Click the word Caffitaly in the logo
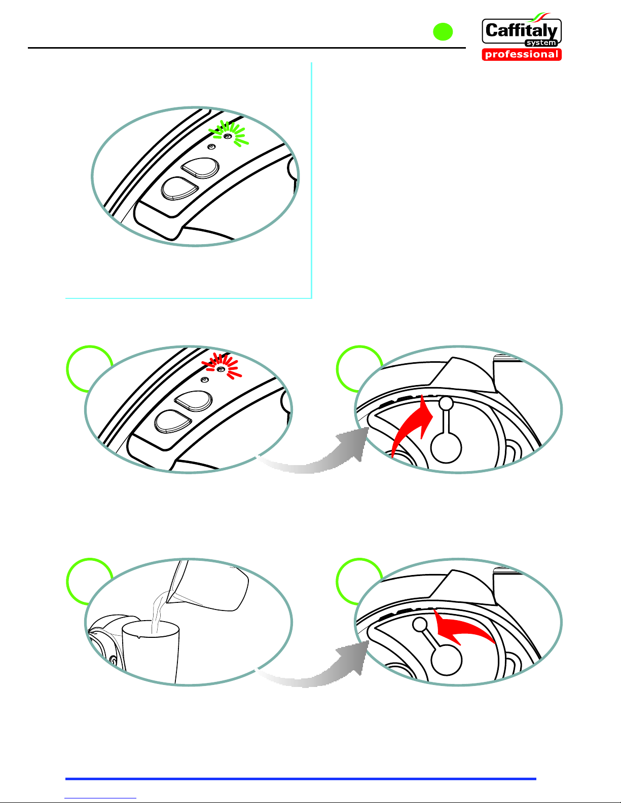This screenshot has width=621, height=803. pyautogui.click(x=522, y=31)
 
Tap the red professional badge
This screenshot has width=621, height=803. pyautogui.click(x=522, y=54)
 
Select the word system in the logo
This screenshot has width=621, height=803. pyautogui.click(x=541, y=43)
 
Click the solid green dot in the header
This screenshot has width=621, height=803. pyautogui.click(x=443, y=32)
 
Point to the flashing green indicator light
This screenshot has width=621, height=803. pyautogui.click(x=228, y=136)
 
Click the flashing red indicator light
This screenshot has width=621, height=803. pyautogui.click(x=221, y=369)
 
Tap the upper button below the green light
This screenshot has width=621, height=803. pyautogui.click(x=200, y=168)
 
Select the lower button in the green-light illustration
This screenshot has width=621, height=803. pyautogui.click(x=179, y=188)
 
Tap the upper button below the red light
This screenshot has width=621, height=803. pyautogui.click(x=193, y=401)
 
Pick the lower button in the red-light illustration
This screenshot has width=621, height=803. pyautogui.click(x=173, y=422)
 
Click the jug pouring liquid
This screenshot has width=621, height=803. pyautogui.click(x=209, y=585)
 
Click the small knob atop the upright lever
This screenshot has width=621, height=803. pyautogui.click(x=446, y=404)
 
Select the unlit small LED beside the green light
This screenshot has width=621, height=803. pyautogui.click(x=211, y=147)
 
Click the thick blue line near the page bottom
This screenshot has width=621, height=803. pyautogui.click(x=301, y=779)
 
